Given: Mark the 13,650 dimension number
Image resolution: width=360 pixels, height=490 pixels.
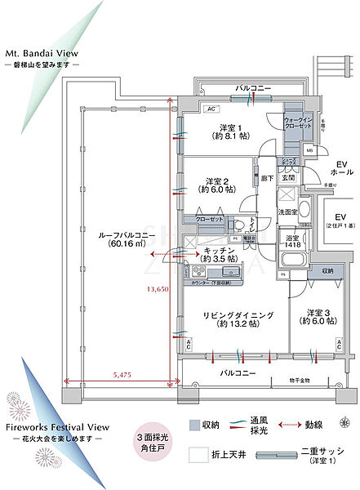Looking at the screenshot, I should pos(158,289).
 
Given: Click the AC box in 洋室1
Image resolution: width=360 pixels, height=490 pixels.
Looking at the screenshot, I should pos(210,109).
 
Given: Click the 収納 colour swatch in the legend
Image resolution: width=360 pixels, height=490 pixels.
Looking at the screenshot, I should pos(194,425).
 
